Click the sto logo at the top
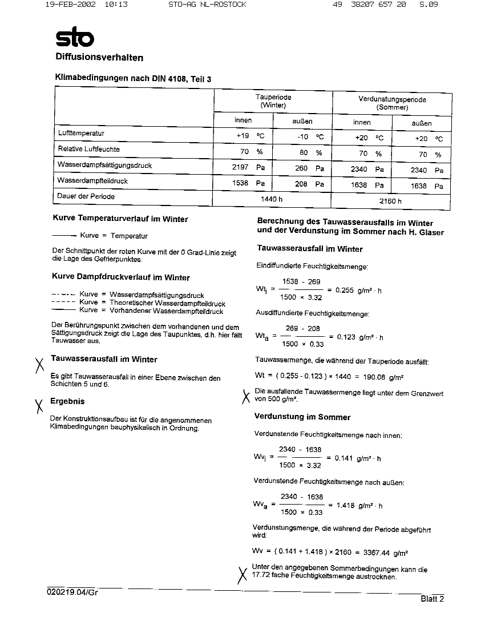coord(74,38)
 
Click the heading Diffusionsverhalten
coord(99,57)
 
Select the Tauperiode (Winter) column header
coord(273,102)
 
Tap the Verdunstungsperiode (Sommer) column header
coord(392,103)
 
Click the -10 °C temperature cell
coord(310,137)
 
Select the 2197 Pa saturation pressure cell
coord(248,168)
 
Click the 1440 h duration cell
coord(272,199)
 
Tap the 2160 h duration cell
coord(390,201)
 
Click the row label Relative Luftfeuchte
coord(88,149)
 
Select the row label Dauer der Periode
coord(86,196)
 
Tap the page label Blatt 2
coord(432,599)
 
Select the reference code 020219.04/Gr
coord(72,592)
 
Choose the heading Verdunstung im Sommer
coord(302,417)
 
